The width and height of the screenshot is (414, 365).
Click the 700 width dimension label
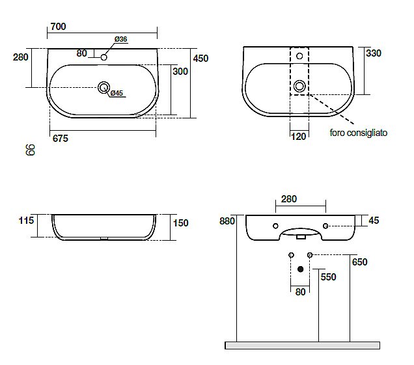58,27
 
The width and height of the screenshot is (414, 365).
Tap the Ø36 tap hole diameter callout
120,39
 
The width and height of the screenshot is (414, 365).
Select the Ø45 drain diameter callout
117,93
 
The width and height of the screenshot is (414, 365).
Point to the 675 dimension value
60,139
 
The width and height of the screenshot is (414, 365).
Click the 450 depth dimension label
200,59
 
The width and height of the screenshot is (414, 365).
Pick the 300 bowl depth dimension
180,72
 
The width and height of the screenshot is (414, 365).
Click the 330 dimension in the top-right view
374,53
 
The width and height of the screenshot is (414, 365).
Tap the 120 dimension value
299,137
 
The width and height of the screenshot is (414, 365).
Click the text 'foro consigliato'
359,133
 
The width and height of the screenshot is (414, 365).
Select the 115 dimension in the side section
27,221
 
